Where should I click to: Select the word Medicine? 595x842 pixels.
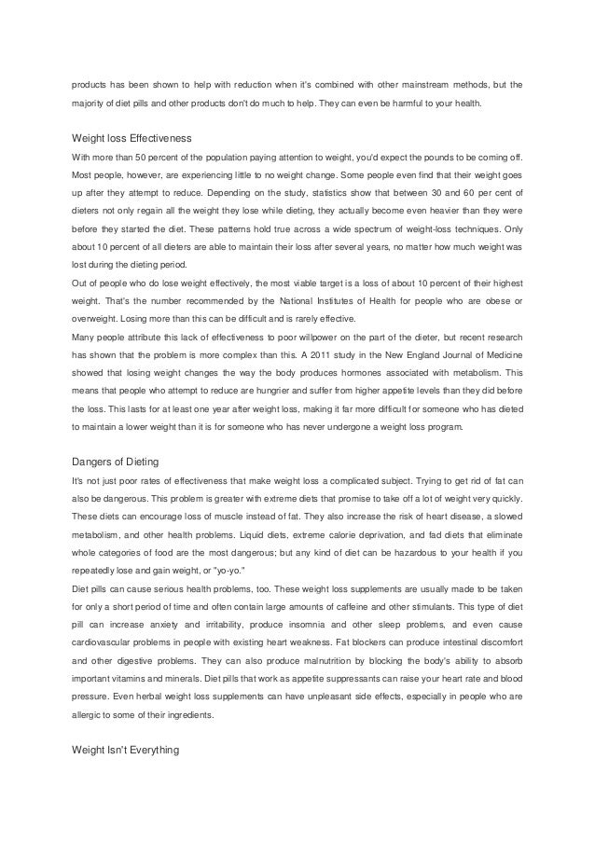(499, 354)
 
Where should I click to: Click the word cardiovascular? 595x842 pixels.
(103, 641)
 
